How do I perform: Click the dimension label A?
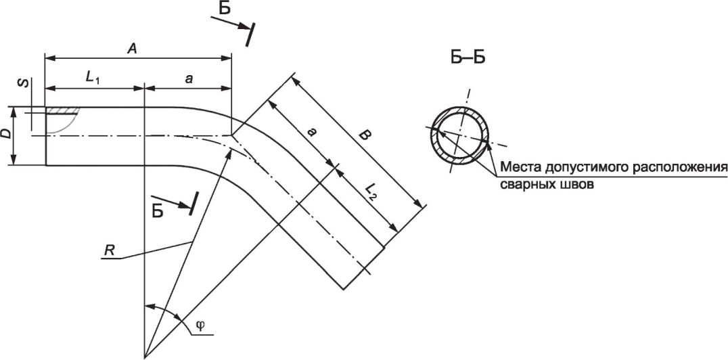(133, 49)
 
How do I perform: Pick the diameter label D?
(5, 135)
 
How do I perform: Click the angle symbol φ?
(200, 325)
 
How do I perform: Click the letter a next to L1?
(188, 79)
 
